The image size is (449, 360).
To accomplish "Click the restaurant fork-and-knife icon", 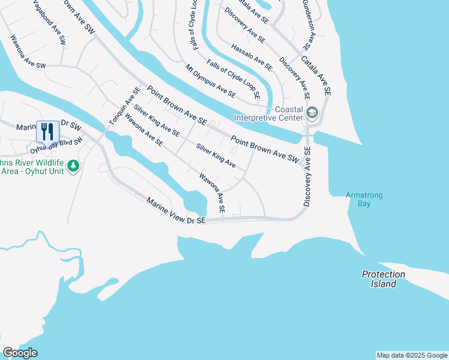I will [47, 131].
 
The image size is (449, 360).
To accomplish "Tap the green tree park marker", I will [73, 165].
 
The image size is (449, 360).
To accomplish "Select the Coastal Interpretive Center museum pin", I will [312, 113].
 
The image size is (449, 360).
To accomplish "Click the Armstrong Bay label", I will [364, 199].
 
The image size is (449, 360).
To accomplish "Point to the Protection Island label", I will [384, 279].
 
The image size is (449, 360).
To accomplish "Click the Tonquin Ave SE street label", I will [124, 106].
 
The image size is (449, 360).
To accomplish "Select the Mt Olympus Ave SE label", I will [210, 80].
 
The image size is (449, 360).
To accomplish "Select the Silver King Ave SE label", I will [157, 120].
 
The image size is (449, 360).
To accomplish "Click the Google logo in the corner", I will [20, 353].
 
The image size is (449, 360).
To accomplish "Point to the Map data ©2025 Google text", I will [412, 355].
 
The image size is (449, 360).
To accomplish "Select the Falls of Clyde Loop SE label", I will [234, 79].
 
